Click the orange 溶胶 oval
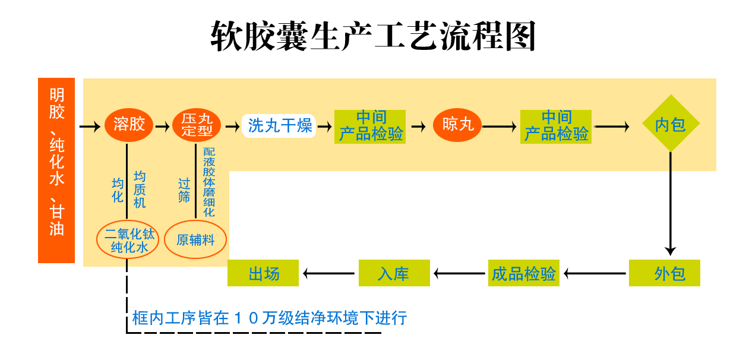tap(129, 125)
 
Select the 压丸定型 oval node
tap(197, 125)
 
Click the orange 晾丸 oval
tap(457, 125)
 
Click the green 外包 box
tap(665, 274)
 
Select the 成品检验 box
tap(523, 274)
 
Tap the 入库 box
tap(393, 274)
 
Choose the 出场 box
tap(264, 274)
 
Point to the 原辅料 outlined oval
tap(195, 240)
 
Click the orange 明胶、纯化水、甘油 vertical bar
tap(56, 170)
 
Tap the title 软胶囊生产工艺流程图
tap(374, 37)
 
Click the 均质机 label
tap(140, 190)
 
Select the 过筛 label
tap(184, 190)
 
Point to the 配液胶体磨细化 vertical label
tap(209, 182)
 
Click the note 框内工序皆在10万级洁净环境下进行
tap(270, 318)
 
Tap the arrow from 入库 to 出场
tap(330, 274)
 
